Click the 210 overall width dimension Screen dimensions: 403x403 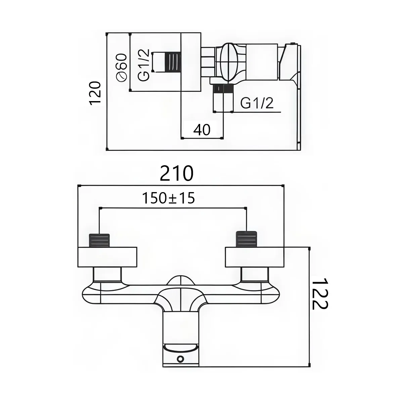[x=177, y=173]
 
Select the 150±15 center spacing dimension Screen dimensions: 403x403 [x=168, y=198]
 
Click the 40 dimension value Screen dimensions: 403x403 [x=202, y=129]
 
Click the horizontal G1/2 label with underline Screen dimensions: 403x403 [x=257, y=103]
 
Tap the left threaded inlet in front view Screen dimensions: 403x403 [x=99, y=240]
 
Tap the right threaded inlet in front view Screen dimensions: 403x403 [x=247, y=239]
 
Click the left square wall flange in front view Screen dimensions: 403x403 [x=107, y=257]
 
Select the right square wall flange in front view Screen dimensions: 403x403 [x=254, y=257]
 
